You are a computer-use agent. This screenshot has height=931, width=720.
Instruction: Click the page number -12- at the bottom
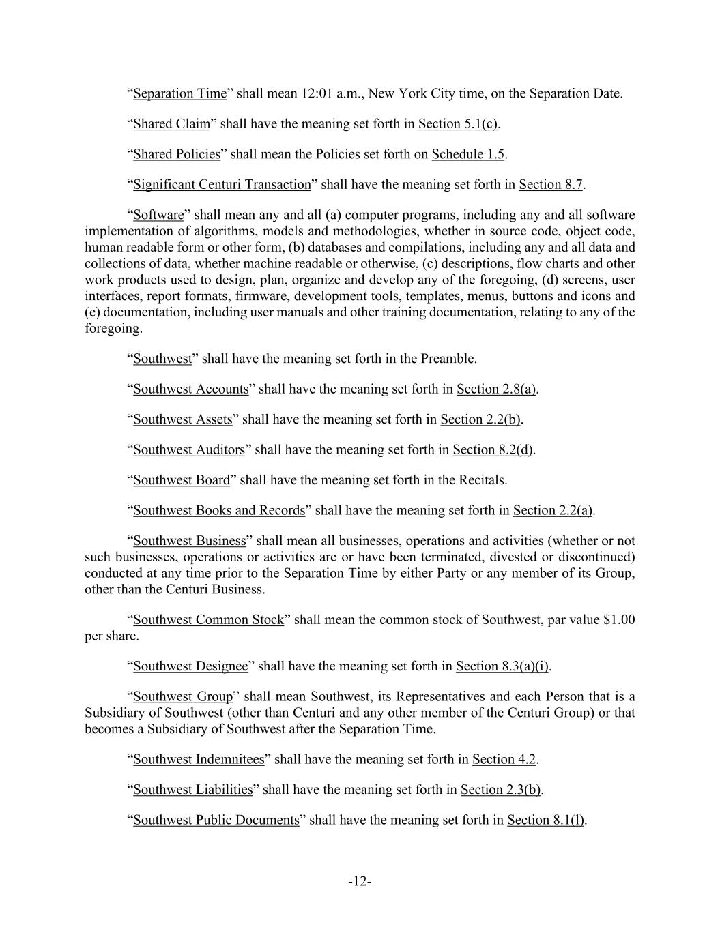(x=360, y=882)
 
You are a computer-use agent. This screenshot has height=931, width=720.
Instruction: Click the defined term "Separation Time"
(x=179, y=93)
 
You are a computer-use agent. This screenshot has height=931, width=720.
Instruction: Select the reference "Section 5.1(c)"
(x=458, y=123)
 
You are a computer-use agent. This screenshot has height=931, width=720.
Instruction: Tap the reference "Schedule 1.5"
(x=468, y=154)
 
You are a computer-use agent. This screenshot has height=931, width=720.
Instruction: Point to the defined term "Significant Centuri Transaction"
(x=222, y=184)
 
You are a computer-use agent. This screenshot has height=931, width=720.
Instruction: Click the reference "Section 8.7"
(x=551, y=184)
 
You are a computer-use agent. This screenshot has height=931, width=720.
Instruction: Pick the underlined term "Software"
(x=158, y=215)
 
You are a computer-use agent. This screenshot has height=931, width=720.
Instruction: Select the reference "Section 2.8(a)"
(x=496, y=389)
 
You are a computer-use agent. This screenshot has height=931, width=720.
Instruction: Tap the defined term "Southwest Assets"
(x=183, y=419)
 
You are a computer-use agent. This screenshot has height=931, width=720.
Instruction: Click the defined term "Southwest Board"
(x=182, y=480)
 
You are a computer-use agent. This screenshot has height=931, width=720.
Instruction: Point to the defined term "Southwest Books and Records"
(x=219, y=510)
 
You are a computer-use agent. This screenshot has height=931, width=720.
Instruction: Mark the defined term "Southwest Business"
(x=189, y=541)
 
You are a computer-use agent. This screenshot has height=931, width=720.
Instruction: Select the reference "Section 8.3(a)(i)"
(x=503, y=666)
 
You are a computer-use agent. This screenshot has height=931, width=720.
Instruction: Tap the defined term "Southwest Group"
(x=183, y=696)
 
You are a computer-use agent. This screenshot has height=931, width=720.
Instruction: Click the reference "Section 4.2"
(x=504, y=759)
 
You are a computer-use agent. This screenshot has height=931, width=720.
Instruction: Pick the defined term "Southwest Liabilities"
(x=193, y=790)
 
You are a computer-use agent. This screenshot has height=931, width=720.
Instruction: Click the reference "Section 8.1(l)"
(x=546, y=820)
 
